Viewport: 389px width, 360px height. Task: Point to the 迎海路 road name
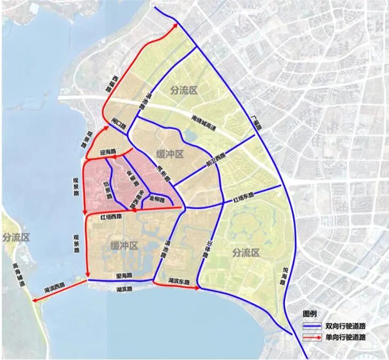(x=107, y=152)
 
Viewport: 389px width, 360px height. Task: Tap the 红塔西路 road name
(x=111, y=216)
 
